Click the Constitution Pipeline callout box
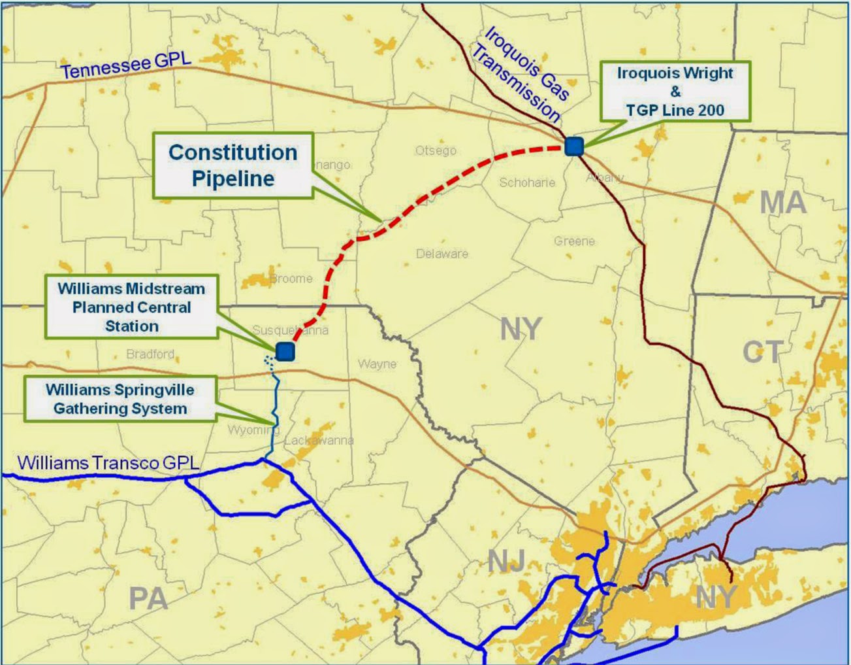pos(233,165)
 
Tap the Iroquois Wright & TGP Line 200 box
pos(675,92)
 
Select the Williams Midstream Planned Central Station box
pos(131,307)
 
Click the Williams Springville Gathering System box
pos(120,399)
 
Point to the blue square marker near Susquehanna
pos(285,351)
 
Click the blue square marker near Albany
pos(574,146)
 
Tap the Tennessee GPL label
pos(125,65)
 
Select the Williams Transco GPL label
pos(108,463)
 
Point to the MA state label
pos(783,203)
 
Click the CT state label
pos(762,352)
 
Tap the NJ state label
pos(507,561)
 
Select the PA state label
pos(148,598)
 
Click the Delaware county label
pos(442,254)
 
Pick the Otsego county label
pos(436,150)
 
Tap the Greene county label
pos(574,241)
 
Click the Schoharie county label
pos(527,182)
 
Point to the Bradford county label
pos(150,354)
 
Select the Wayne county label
pos(377,364)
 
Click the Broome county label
pos(291,279)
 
